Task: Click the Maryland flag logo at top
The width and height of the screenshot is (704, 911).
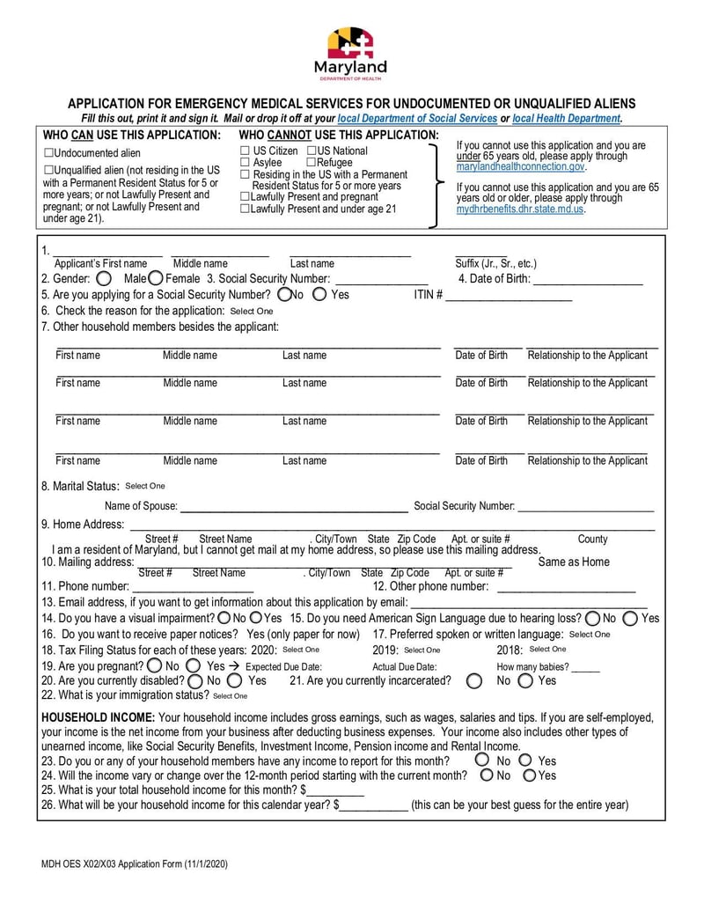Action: [350, 43]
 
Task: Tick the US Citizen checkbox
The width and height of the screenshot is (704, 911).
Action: [246, 151]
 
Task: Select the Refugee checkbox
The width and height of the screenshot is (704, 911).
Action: [311, 163]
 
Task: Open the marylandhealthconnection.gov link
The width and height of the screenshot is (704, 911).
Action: [520, 166]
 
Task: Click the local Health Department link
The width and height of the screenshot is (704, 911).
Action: [566, 118]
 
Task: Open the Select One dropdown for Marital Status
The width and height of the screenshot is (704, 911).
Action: [144, 486]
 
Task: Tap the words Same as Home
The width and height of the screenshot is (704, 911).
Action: [573, 562]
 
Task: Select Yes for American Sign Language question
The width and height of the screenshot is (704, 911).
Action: [631, 618]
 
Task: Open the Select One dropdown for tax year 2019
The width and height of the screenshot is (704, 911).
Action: [422, 650]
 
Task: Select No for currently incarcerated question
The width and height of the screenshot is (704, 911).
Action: [474, 680]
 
